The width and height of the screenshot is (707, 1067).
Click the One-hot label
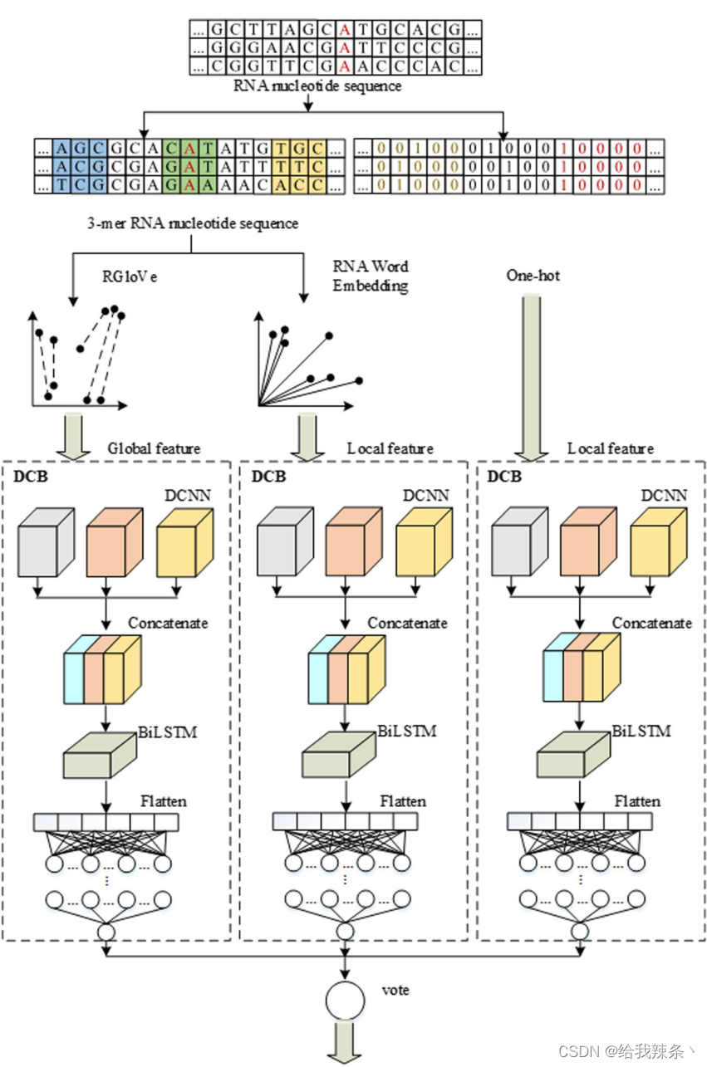click(533, 275)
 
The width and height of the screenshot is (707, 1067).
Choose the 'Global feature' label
click(154, 448)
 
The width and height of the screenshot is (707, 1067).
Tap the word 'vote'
click(395, 990)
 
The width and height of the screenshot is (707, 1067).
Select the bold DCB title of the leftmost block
click(31, 477)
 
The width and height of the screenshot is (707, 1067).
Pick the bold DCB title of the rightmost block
click(504, 477)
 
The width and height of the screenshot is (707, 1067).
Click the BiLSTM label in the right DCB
click(641, 732)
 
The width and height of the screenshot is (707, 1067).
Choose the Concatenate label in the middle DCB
click(407, 623)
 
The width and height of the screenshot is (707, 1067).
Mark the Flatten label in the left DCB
click(163, 801)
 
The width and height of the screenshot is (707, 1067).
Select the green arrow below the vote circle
click(345, 1043)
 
